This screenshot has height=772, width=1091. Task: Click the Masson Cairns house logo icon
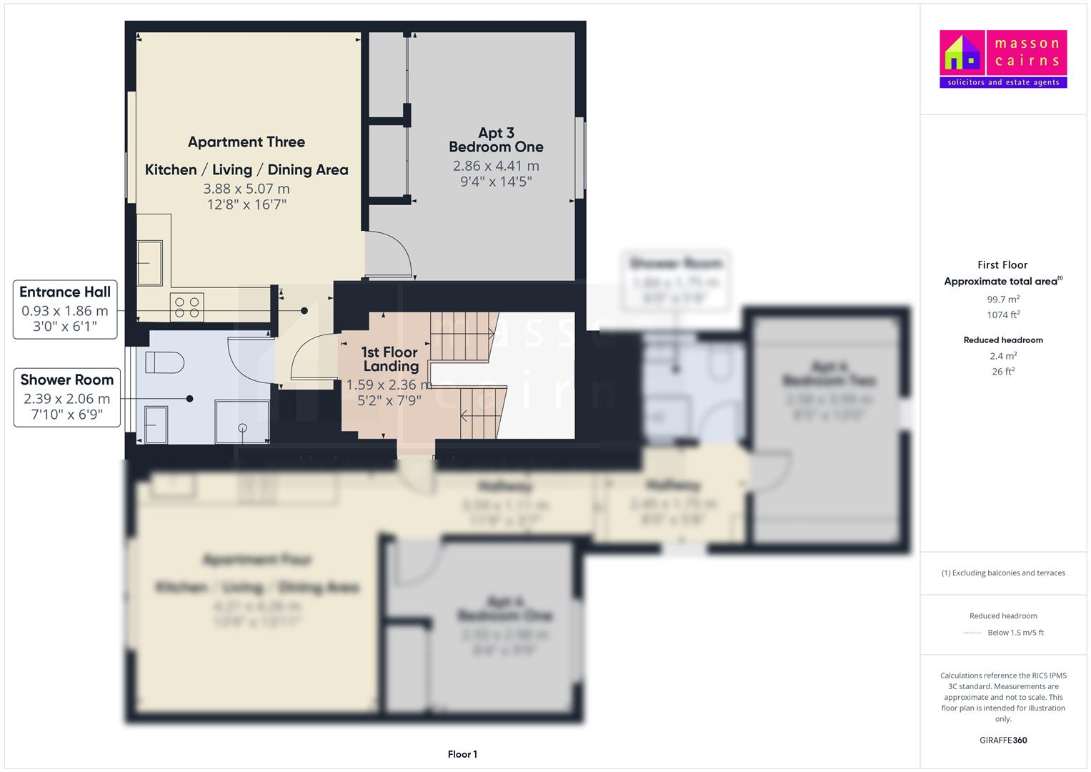tap(962, 54)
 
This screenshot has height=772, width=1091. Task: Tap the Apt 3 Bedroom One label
tap(496, 140)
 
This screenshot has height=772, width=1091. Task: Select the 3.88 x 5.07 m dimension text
tap(246, 189)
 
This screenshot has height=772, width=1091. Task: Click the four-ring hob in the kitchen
tap(187, 307)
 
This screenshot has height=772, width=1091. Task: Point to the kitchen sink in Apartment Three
tap(150, 262)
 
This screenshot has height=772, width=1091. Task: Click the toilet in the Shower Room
tap(159, 362)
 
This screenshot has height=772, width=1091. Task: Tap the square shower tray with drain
tap(242, 422)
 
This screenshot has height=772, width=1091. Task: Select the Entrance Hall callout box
tap(65, 310)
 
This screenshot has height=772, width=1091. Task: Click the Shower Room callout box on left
tap(67, 397)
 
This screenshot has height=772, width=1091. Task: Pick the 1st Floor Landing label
tap(389, 359)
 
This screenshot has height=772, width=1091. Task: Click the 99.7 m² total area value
tap(1003, 300)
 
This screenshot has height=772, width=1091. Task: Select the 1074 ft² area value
tap(1003, 315)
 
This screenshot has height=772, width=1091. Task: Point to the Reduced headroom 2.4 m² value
tap(1003, 356)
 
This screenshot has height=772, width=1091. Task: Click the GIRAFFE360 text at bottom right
tap(1003, 740)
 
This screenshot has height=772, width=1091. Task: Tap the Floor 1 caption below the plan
tap(462, 754)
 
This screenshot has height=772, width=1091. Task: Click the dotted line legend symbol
tap(972, 633)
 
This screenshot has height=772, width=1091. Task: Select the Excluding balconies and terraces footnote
tap(1003, 573)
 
